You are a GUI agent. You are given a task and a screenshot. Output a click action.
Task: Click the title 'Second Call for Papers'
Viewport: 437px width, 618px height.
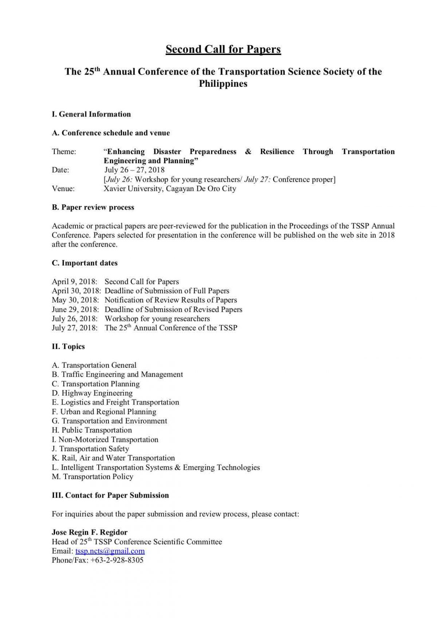point(223,49)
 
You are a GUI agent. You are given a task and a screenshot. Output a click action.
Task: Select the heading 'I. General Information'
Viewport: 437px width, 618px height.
point(91,114)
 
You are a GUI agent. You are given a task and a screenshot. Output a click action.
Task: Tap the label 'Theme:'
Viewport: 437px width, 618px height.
point(64,152)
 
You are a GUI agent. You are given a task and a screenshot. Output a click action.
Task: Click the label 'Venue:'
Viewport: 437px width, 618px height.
point(63,189)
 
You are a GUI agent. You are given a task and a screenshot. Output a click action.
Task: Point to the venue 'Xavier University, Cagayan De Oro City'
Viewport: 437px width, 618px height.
point(170,189)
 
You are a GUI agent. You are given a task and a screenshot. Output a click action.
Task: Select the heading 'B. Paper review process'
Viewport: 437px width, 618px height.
point(93,207)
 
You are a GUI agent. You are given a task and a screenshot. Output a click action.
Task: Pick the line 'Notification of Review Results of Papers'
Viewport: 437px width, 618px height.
point(171,300)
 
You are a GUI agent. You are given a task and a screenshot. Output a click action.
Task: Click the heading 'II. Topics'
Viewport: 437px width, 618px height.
point(68,347)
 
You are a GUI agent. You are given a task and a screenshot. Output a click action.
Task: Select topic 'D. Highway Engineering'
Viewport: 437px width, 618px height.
point(92,393)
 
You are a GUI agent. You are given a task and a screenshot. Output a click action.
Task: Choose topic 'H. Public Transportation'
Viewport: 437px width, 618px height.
point(92,430)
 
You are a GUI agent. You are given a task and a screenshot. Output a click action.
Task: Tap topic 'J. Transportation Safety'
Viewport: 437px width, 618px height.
point(90,449)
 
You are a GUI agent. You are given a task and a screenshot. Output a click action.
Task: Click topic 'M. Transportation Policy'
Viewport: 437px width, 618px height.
point(92,477)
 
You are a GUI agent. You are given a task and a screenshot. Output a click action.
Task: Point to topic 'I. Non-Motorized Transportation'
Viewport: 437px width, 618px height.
point(105,439)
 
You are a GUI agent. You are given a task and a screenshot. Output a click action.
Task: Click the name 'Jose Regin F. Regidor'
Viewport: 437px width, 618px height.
point(90,532)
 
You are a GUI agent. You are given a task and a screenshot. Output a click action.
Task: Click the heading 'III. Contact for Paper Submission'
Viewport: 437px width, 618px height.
point(110,495)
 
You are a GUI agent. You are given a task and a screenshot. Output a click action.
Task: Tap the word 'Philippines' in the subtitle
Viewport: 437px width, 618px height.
point(223,84)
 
